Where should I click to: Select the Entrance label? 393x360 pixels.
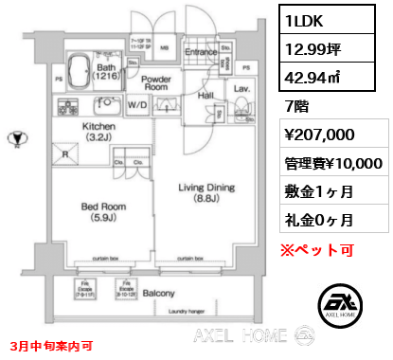click(200, 52)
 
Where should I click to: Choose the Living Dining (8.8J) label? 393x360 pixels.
click(202, 194)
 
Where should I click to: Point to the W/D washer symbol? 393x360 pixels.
click(136, 106)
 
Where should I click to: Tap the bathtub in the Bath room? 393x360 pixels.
click(78, 72)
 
